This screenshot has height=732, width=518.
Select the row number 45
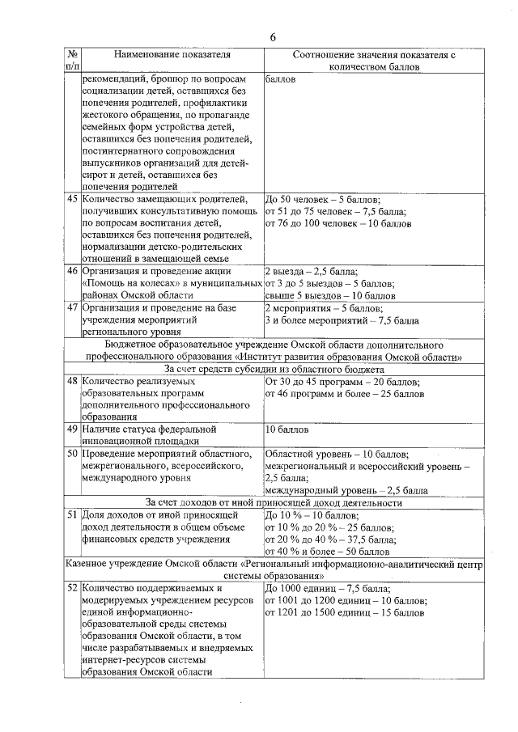(x=72, y=198)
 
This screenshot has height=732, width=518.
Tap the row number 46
(x=72, y=270)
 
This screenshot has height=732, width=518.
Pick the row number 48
(x=72, y=380)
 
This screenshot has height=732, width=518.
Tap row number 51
(x=72, y=514)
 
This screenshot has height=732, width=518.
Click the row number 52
(x=72, y=588)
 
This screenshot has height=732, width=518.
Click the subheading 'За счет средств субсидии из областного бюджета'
(x=274, y=368)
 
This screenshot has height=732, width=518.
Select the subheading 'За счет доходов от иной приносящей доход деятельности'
(x=274, y=502)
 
